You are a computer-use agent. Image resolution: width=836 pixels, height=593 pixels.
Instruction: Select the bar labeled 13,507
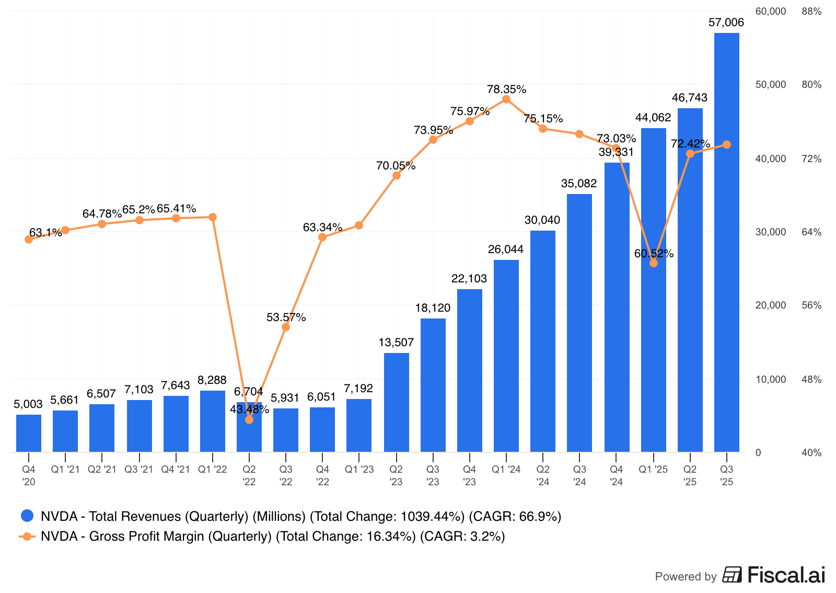396,402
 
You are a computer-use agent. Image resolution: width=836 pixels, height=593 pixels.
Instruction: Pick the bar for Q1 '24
506,356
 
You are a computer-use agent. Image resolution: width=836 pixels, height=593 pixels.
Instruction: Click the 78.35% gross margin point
506,99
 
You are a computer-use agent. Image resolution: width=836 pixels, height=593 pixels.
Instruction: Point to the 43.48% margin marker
249,419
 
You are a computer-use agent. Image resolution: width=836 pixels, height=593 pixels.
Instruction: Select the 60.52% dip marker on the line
654,263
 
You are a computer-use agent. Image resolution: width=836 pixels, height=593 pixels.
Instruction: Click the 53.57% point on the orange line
286,327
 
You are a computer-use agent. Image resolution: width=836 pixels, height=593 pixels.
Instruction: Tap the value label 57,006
726,22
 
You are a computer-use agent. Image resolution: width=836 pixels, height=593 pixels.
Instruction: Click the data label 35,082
579,184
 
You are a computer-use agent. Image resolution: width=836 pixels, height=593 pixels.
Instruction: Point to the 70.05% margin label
396,166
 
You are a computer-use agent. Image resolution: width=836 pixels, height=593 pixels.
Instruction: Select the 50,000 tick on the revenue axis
770,85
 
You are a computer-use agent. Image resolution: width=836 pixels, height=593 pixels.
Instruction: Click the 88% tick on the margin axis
811,12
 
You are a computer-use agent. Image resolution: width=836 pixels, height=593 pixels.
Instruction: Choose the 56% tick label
811,305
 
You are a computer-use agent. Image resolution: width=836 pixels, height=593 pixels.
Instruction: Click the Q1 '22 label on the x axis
212,470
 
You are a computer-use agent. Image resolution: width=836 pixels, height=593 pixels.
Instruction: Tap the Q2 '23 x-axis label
396,475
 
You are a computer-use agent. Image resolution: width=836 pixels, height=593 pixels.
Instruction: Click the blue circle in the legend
27,516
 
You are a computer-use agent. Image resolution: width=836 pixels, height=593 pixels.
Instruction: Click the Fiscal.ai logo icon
732,575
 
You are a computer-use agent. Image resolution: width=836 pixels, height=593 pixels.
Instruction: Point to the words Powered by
686,576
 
